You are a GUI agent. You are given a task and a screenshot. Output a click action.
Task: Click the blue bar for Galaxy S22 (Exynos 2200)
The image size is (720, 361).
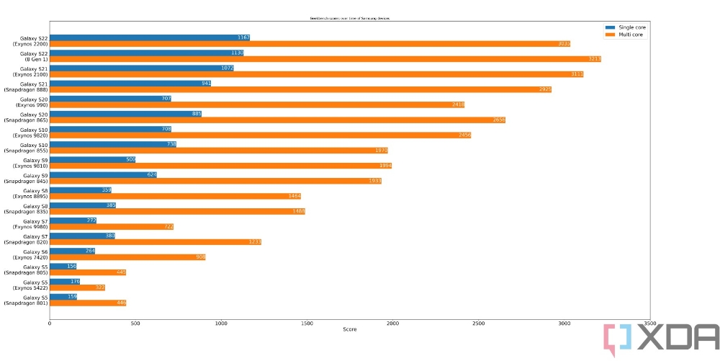149,37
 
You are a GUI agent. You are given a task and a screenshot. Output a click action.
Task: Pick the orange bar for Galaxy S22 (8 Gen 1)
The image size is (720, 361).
325,59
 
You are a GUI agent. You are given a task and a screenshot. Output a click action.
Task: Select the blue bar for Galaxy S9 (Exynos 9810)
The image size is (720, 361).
92,159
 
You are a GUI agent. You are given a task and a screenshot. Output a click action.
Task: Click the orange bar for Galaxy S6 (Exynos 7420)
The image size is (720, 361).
127,257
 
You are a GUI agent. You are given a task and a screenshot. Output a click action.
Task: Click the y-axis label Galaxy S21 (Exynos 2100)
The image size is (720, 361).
30,71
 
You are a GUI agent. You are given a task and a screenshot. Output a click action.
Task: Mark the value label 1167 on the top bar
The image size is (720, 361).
243,37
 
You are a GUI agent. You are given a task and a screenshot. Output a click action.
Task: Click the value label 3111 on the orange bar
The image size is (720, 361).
577,74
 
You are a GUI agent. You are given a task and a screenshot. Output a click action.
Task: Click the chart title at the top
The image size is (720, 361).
350,17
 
